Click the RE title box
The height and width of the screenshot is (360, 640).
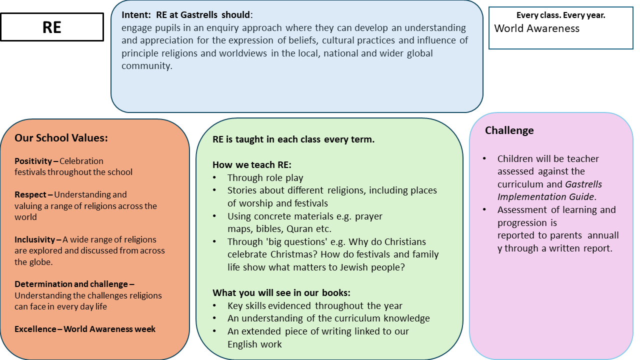[x=52, y=27]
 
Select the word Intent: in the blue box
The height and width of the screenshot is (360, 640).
[x=134, y=15]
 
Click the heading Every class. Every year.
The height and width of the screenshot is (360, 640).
[x=560, y=15]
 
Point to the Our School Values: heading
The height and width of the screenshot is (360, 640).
[x=61, y=138]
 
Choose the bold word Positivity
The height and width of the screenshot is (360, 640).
[x=33, y=161]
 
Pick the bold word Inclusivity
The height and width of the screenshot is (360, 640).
[x=34, y=239]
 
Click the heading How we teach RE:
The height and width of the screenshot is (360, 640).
[x=251, y=164]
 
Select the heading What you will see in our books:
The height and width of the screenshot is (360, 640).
[x=281, y=292]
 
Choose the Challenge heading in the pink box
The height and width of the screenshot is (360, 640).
[x=509, y=130]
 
